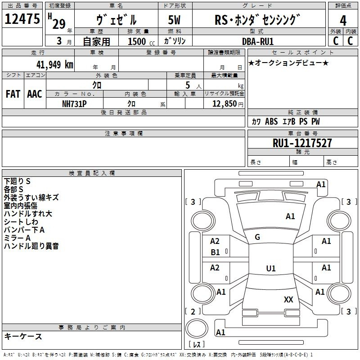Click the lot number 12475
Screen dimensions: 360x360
click(22, 19)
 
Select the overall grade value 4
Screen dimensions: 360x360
click(343, 21)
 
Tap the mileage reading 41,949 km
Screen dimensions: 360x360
click(54, 65)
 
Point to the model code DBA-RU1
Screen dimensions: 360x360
click(258, 41)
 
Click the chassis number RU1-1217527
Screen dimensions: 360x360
click(302, 143)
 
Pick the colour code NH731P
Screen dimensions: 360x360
click(74, 104)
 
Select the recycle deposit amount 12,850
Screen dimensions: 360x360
click(224, 104)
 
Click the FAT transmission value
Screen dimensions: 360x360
click(13, 94)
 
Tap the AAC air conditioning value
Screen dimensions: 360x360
click(35, 94)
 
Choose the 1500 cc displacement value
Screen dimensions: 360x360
click(141, 41)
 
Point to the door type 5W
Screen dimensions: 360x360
click(174, 20)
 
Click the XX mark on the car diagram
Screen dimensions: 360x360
click(288, 300)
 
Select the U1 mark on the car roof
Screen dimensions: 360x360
click(271, 268)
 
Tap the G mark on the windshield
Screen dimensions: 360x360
click(257, 237)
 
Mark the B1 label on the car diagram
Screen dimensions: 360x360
click(215, 252)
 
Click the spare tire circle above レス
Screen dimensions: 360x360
click(197, 328)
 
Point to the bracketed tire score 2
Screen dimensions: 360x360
click(193, 311)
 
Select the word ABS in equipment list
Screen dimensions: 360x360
click(271, 121)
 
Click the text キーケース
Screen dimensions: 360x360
click(23, 336)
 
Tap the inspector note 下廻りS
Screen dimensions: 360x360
click(17, 181)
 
